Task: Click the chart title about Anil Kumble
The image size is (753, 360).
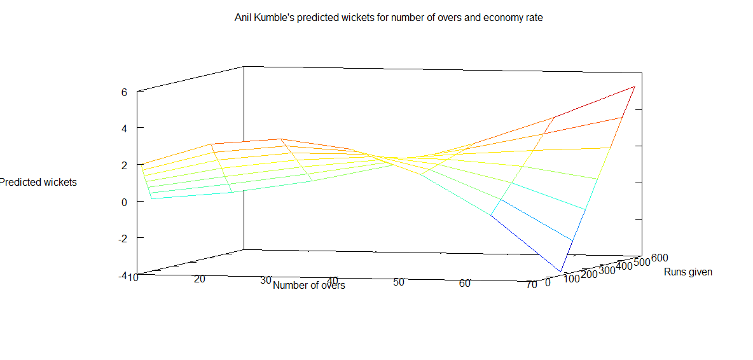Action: point(389,18)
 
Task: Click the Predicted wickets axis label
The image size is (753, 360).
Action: point(38,183)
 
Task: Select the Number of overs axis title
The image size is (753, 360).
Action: point(309,286)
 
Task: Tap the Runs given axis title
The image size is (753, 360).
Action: point(688,272)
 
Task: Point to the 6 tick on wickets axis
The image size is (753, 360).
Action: point(124,92)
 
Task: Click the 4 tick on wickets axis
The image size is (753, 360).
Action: point(124,128)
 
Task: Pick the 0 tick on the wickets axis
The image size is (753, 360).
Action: point(124,202)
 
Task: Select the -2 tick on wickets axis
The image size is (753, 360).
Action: point(122,238)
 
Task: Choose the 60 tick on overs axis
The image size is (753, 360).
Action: point(465,284)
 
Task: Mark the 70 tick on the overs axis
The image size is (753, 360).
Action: point(531,285)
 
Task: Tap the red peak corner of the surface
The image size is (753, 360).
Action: point(634,86)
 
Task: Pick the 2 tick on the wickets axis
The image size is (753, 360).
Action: point(124,165)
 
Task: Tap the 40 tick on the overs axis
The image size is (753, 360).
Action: point(332,280)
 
